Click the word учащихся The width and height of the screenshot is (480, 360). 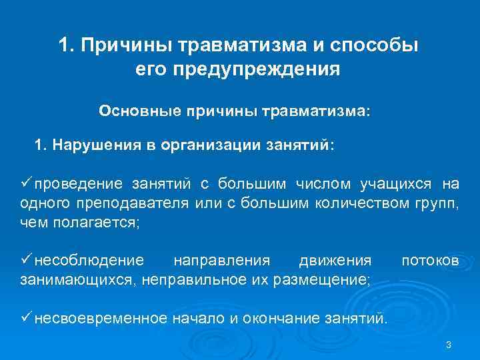(393, 184)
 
